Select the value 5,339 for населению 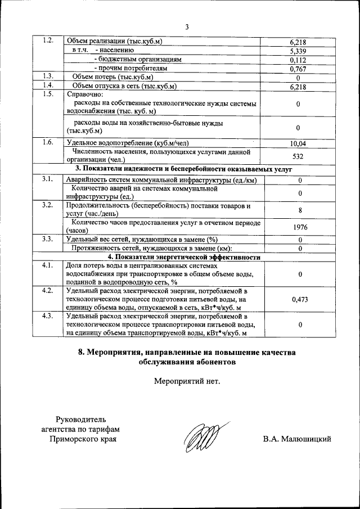(297, 51)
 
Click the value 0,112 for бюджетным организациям (297, 60)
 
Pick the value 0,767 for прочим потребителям (297, 69)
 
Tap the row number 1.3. (48, 76)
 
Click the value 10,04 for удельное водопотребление (297, 143)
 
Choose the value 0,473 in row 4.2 (300, 300)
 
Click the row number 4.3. (48, 316)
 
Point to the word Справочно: (84, 94)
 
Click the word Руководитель (82, 419)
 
